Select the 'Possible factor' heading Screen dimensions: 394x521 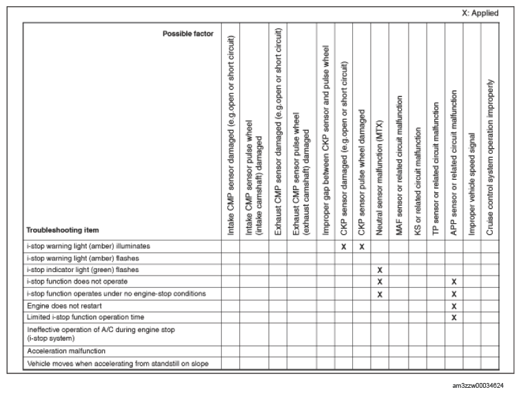point(188,33)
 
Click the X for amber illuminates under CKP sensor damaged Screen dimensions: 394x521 point(343,246)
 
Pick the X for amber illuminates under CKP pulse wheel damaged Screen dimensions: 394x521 point(361,246)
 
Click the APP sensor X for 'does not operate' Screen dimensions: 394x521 point(453,282)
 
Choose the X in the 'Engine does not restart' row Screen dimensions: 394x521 point(453,305)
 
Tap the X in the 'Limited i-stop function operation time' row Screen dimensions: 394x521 point(453,317)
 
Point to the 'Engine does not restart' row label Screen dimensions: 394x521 point(60,305)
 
